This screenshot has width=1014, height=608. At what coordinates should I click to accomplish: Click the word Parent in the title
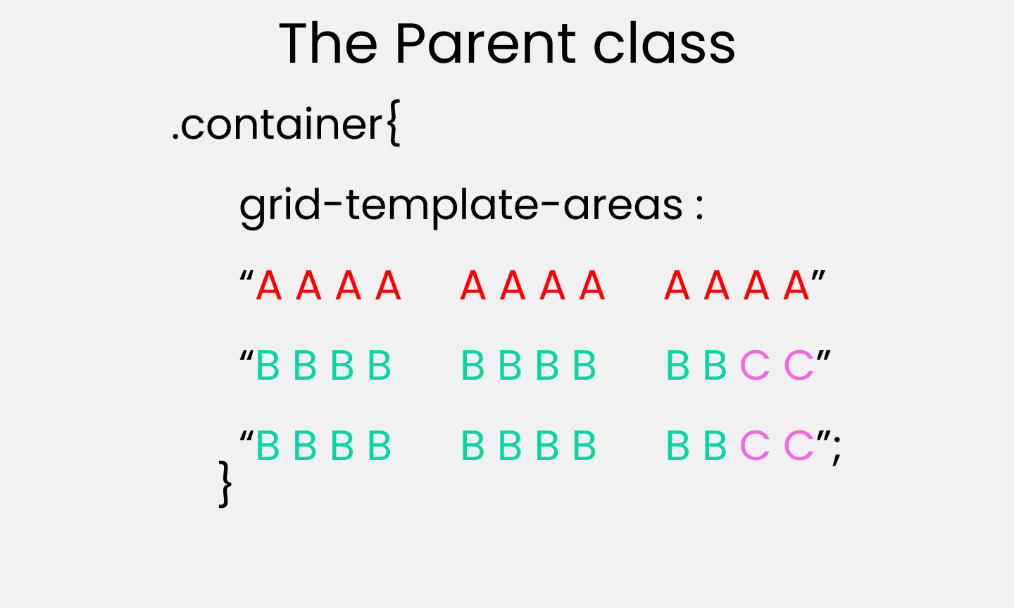[x=486, y=44]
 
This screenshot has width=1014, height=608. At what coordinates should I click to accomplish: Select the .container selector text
[x=277, y=124]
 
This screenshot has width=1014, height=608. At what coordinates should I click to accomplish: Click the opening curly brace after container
[x=394, y=123]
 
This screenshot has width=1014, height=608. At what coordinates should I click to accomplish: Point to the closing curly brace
[x=225, y=484]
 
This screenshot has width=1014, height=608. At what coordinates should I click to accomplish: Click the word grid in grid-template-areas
[x=280, y=206]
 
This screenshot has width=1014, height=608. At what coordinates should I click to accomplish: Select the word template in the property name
[x=442, y=206]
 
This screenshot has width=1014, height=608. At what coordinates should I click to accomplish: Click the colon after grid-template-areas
[x=700, y=209]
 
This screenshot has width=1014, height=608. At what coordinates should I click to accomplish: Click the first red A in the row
[x=269, y=285]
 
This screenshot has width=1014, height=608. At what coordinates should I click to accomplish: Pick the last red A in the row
[x=796, y=285]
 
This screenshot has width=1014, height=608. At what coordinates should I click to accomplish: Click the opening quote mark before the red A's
[x=246, y=276]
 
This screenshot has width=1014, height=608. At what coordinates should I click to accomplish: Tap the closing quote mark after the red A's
[x=818, y=276]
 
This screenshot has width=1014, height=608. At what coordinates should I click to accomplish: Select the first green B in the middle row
[x=268, y=365]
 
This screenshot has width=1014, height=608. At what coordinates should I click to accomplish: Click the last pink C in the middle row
[x=799, y=365]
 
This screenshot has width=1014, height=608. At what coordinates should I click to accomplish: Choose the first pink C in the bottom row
[x=755, y=445]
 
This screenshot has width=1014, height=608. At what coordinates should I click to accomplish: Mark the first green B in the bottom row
[x=268, y=445]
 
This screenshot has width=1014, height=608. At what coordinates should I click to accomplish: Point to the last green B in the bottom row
[x=715, y=445]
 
